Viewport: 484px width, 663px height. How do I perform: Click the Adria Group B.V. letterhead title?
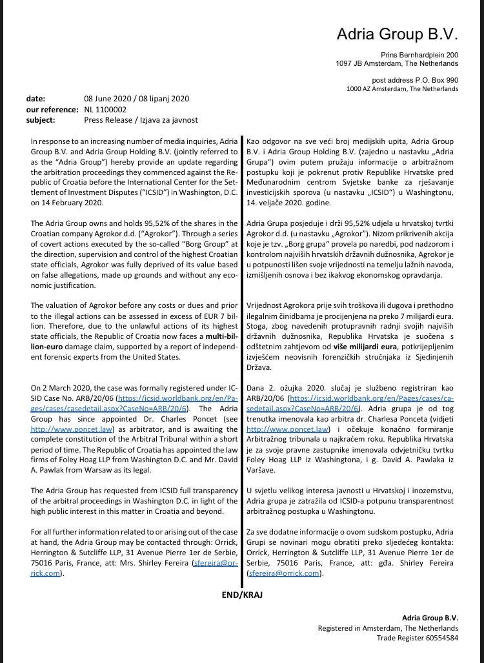[397, 34]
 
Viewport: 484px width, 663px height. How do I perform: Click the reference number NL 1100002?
[106, 110]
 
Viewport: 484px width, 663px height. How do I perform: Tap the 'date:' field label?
[35, 99]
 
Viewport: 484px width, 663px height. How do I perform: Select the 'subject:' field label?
[41, 120]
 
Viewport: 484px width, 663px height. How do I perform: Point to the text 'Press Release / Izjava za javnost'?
[141, 120]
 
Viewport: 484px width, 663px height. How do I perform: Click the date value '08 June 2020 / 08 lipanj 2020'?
[136, 99]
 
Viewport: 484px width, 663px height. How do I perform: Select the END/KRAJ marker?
[242, 595]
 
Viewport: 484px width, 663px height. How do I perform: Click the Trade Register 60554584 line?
[418, 638]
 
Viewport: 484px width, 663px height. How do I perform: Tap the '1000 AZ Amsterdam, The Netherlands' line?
[402, 88]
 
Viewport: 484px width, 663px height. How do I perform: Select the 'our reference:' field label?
[50, 110]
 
